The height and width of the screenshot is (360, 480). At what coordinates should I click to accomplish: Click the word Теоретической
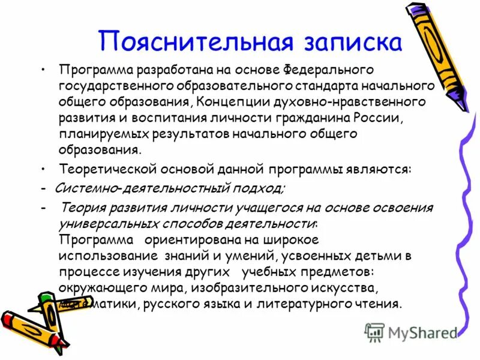click(x=109, y=170)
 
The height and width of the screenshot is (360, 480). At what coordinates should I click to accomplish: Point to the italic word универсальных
click(x=109, y=224)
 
